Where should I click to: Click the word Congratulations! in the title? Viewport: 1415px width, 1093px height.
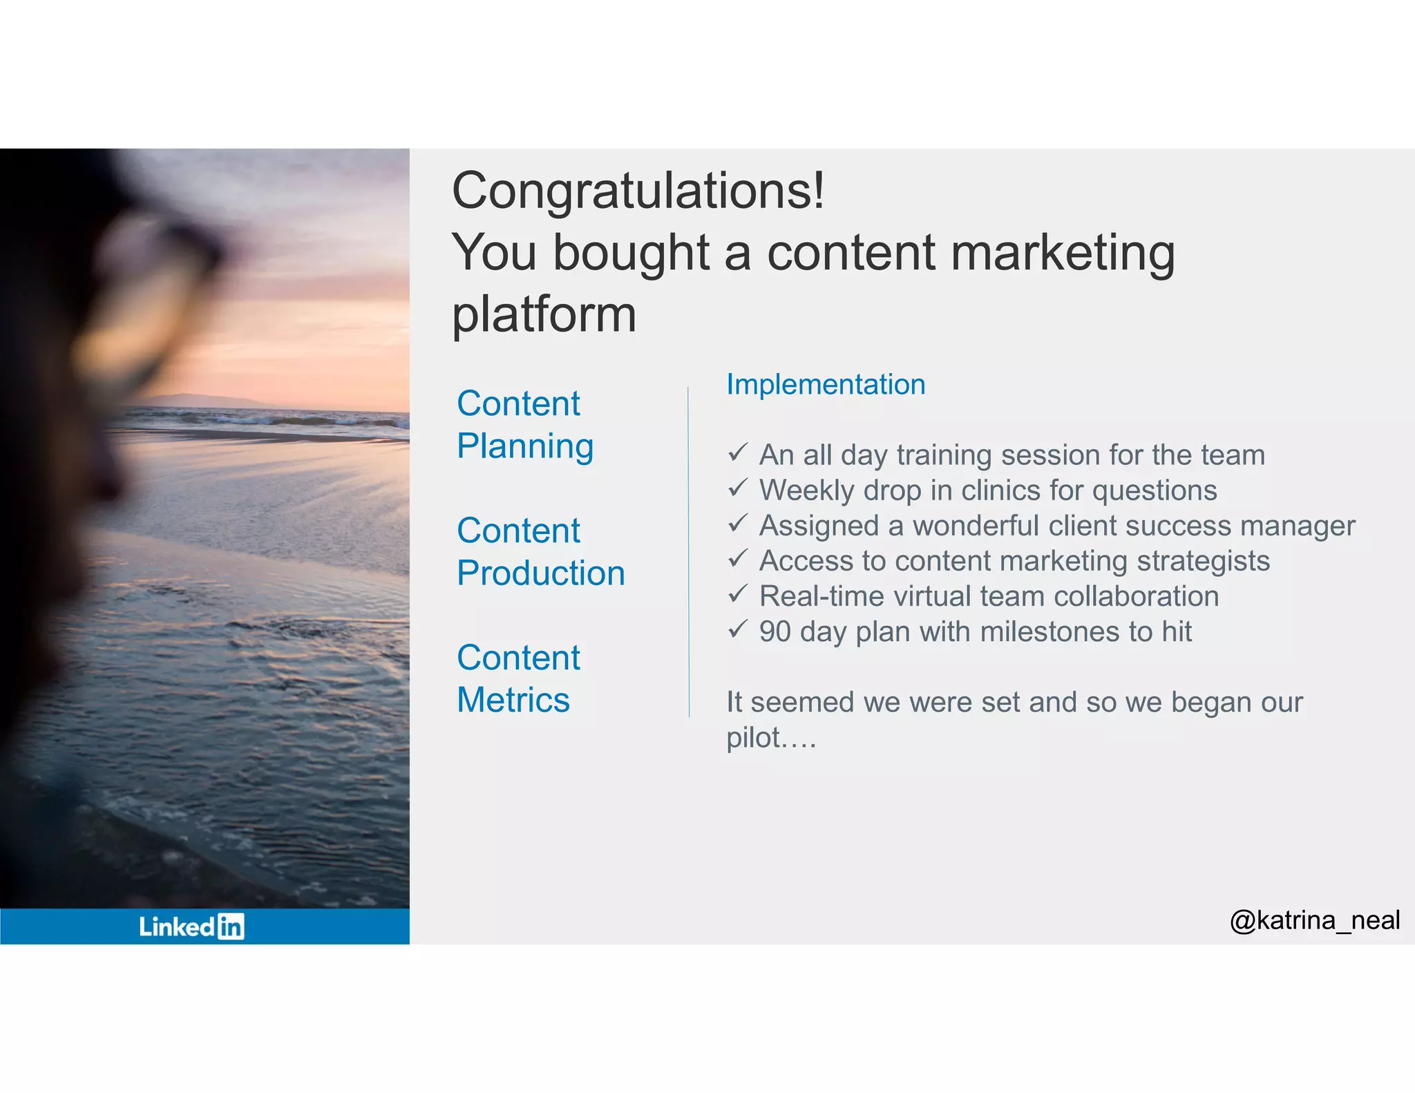point(637,191)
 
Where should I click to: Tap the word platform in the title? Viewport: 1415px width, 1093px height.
point(544,315)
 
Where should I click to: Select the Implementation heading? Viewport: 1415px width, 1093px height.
point(825,385)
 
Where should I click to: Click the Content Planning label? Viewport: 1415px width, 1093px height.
point(524,424)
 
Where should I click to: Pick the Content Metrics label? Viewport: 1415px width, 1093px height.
point(517,678)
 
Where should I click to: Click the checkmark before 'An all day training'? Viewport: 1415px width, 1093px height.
point(737,453)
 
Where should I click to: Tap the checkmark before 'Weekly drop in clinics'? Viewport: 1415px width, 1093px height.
point(737,488)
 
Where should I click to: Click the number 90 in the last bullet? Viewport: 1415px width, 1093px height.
point(775,631)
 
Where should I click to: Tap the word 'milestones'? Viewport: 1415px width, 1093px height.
point(1050,631)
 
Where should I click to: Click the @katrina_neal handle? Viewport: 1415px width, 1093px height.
point(1314,920)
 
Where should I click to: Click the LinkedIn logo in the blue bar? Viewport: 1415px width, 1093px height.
point(191,926)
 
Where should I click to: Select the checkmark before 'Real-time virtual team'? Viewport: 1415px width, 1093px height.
point(737,594)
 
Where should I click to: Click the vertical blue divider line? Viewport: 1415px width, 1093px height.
point(688,553)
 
